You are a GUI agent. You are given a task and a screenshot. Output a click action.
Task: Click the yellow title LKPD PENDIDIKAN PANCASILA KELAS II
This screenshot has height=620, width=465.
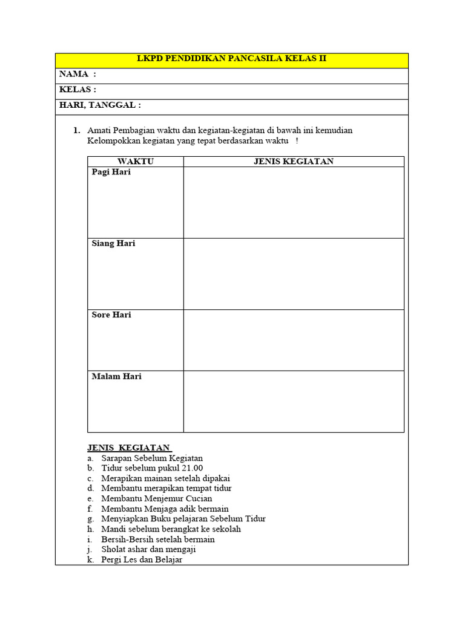tap(232, 59)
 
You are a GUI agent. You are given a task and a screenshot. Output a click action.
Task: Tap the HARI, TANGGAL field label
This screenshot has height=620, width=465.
tap(100, 105)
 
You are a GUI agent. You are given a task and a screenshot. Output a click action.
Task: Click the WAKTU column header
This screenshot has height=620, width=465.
tap(136, 161)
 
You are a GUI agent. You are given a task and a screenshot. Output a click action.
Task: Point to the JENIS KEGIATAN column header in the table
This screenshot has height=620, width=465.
tap(293, 161)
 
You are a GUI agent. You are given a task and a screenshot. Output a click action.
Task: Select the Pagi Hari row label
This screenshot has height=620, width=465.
tap(111, 172)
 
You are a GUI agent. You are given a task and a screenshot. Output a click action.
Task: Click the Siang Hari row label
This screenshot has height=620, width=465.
tap(114, 243)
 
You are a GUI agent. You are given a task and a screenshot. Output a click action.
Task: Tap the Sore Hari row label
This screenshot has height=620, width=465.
tap(111, 315)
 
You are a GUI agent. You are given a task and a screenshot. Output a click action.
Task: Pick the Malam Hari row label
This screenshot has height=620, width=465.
tap(117, 377)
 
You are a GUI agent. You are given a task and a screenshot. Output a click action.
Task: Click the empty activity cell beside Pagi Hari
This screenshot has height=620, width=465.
tap(294, 202)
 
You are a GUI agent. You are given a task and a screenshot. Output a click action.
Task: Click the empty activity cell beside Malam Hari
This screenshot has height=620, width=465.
tap(294, 401)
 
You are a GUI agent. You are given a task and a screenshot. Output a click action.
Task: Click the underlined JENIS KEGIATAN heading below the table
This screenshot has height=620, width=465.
tap(129, 447)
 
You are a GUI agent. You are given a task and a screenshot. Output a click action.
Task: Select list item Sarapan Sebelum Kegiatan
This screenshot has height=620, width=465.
tap(152, 458)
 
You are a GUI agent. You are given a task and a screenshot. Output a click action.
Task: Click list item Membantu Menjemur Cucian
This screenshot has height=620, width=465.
tap(157, 498)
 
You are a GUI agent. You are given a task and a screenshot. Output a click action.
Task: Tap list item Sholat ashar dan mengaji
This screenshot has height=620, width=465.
tap(148, 549)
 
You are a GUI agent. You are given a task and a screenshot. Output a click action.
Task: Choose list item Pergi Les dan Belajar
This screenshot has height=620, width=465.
tap(142, 559)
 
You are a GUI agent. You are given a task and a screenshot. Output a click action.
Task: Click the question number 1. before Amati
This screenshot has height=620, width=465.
tap(77, 130)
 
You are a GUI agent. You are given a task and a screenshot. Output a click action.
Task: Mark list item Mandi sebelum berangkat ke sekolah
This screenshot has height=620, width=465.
tap(171, 529)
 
